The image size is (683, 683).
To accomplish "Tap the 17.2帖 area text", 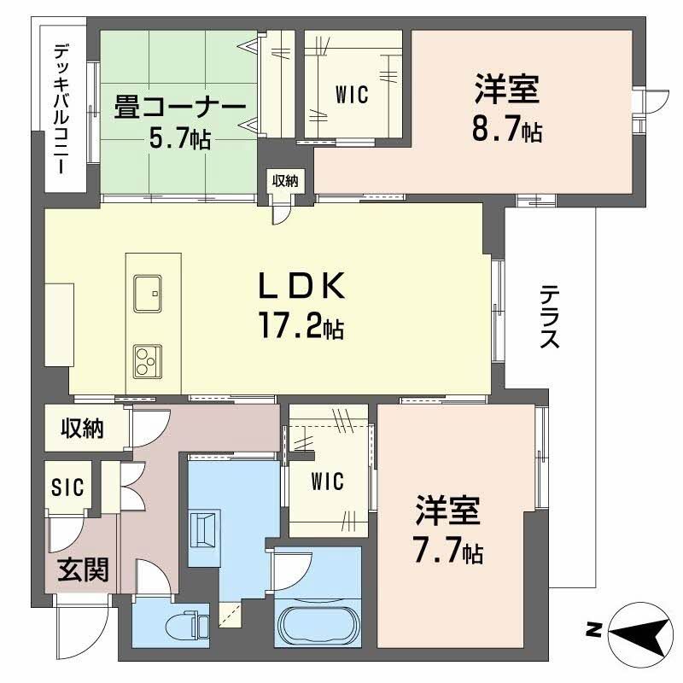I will (x=301, y=325).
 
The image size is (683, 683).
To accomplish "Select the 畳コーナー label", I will (x=180, y=108).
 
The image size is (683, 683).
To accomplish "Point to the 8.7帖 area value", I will (x=506, y=131).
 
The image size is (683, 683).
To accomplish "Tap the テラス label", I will (x=549, y=317).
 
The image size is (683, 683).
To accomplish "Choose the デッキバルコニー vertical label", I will (x=61, y=109).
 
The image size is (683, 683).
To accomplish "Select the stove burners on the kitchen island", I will (x=149, y=360).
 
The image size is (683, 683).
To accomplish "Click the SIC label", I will (x=67, y=487).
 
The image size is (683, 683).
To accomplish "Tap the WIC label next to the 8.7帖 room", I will (x=352, y=95).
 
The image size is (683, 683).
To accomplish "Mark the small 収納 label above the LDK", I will (x=286, y=180).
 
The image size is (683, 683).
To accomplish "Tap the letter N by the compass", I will (x=591, y=631).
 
